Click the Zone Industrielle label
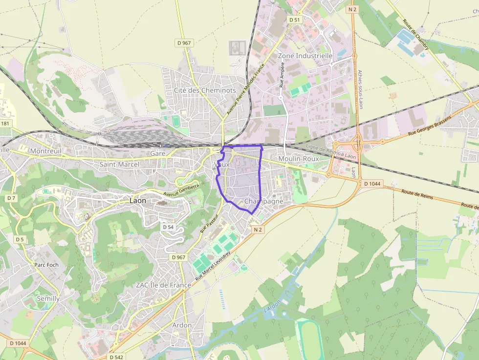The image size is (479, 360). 305,56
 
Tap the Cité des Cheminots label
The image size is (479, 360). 205,90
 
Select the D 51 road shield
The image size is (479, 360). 294,20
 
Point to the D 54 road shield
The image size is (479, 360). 168,227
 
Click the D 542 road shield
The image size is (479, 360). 116,357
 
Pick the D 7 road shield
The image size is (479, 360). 11,198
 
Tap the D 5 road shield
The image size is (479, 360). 20,239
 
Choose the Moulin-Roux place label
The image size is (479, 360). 298,159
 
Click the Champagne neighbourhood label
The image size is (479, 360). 263,201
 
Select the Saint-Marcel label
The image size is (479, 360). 119,165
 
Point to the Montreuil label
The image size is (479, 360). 46,151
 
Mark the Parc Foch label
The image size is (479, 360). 46,265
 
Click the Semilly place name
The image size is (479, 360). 48,298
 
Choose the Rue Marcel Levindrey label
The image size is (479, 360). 213,266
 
